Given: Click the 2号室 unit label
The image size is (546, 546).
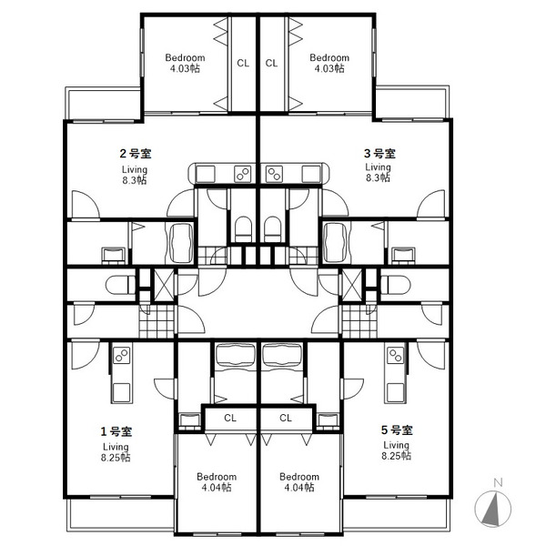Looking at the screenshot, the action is click(x=136, y=153).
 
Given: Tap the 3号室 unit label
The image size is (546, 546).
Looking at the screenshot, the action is click(x=379, y=153).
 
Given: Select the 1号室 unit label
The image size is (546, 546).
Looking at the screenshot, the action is click(x=116, y=431).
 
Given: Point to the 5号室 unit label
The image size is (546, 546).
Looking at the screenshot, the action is click(x=397, y=430).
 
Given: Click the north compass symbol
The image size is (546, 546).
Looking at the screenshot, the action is click(x=492, y=505).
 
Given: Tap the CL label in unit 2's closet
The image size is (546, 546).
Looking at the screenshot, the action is click(x=243, y=63).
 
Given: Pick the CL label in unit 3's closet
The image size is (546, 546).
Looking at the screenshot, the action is click(x=271, y=63).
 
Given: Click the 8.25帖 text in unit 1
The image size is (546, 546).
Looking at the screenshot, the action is click(x=116, y=457).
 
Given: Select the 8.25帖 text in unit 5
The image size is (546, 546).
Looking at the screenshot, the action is click(x=396, y=456).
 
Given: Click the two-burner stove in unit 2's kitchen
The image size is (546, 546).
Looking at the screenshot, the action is click(x=243, y=174).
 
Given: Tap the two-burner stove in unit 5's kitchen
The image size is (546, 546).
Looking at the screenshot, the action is click(x=396, y=356).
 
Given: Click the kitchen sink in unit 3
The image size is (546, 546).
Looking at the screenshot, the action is click(x=311, y=174).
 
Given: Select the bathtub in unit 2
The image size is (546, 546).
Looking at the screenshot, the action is click(x=181, y=243).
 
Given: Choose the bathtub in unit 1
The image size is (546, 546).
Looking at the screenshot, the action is click(x=236, y=355).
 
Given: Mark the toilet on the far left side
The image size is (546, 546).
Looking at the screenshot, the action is click(x=120, y=285).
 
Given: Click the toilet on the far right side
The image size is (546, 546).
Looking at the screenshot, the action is click(x=396, y=285).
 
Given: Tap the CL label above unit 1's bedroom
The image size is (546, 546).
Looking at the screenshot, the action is click(x=230, y=418).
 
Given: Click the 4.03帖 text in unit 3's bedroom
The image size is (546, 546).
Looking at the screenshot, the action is click(x=329, y=68).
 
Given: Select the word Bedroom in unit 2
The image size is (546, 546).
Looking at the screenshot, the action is click(x=185, y=57).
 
